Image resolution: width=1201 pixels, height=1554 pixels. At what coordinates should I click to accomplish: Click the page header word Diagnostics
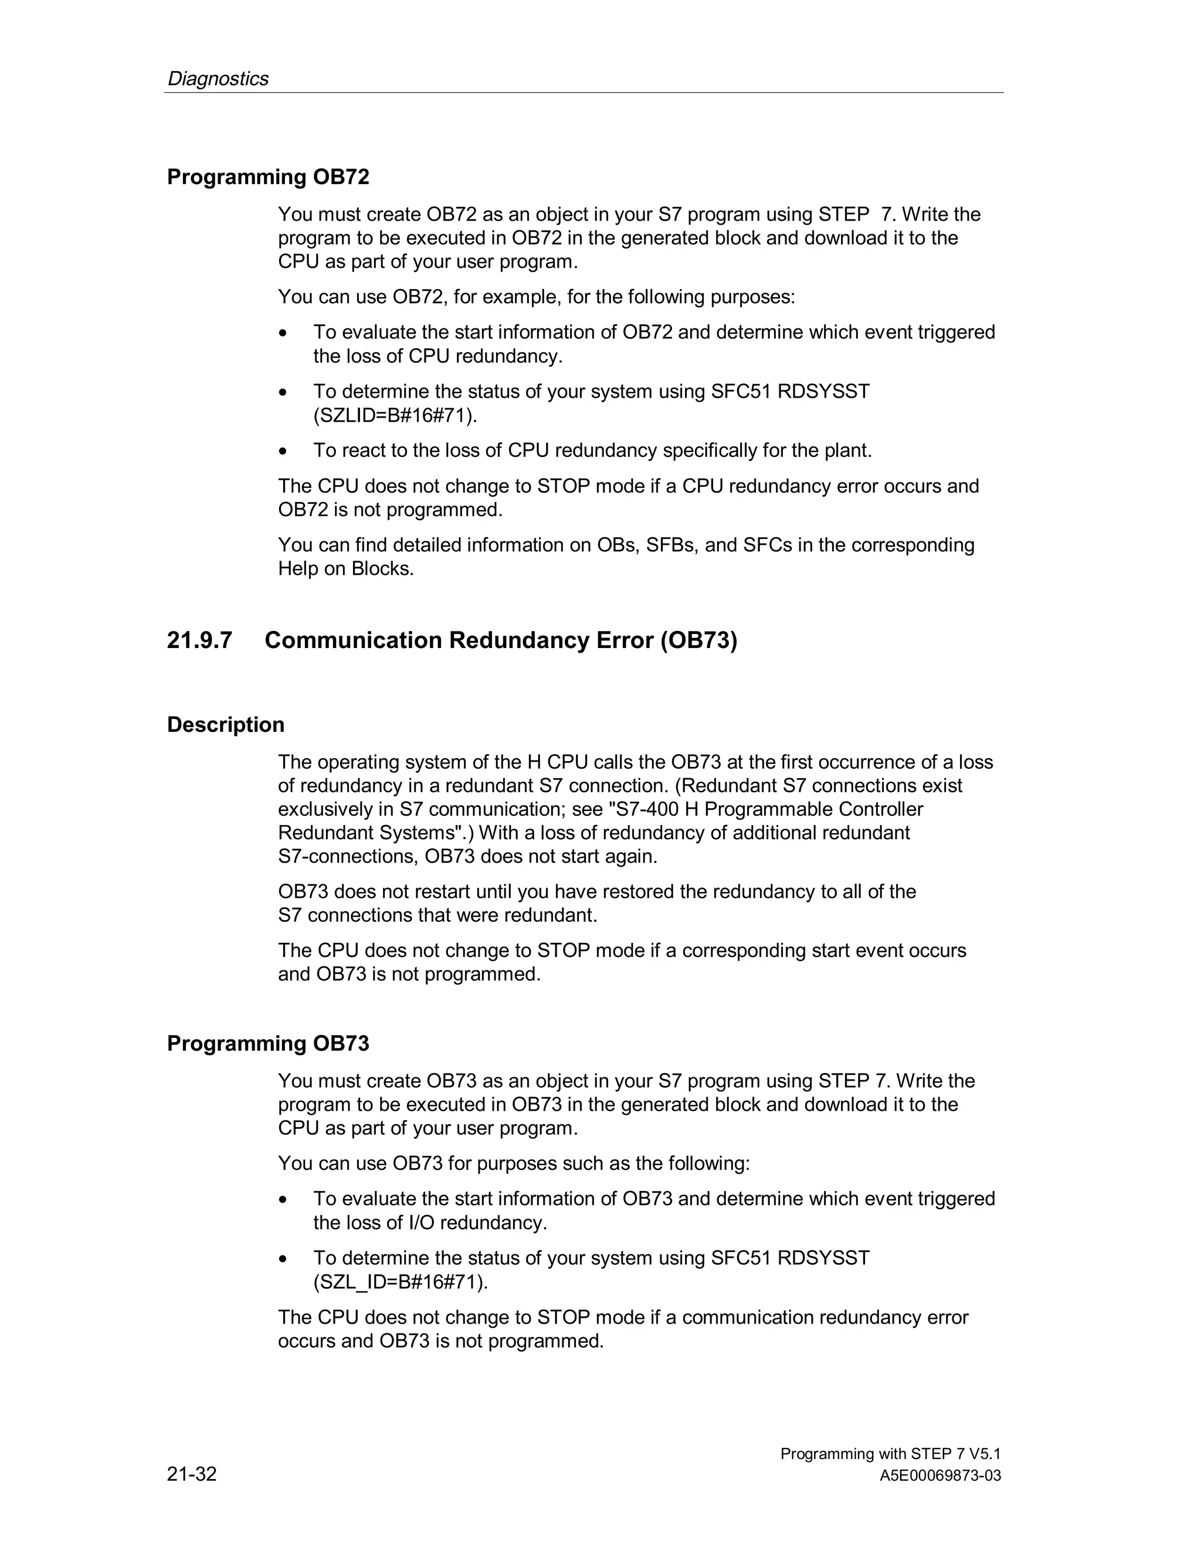(218, 78)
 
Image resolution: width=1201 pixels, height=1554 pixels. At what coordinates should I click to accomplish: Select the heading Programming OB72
(268, 177)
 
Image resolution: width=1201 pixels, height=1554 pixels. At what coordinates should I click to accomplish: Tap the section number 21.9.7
(199, 640)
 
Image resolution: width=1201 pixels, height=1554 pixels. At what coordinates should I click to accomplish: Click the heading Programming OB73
(268, 1043)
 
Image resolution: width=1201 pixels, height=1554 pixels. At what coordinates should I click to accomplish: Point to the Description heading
(226, 724)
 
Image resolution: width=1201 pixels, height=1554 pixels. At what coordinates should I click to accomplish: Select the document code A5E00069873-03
(940, 1476)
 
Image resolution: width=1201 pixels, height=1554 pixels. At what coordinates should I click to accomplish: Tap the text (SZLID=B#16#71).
(395, 416)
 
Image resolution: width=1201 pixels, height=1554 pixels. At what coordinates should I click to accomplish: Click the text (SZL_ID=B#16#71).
(401, 1281)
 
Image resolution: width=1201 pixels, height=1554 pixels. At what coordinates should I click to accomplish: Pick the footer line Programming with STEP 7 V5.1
(890, 1454)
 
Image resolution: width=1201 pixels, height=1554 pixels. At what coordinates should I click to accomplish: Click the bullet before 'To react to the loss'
(284, 451)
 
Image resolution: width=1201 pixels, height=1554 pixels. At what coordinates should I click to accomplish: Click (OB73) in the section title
(698, 640)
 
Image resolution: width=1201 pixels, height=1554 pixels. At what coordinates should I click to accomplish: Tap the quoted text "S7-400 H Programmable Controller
(755, 809)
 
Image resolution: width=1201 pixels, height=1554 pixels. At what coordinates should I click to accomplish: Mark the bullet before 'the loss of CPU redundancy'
(284, 333)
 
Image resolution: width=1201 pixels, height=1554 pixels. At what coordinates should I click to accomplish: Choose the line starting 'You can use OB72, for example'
(537, 297)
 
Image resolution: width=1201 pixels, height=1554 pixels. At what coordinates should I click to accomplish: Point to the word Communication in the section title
(354, 640)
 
